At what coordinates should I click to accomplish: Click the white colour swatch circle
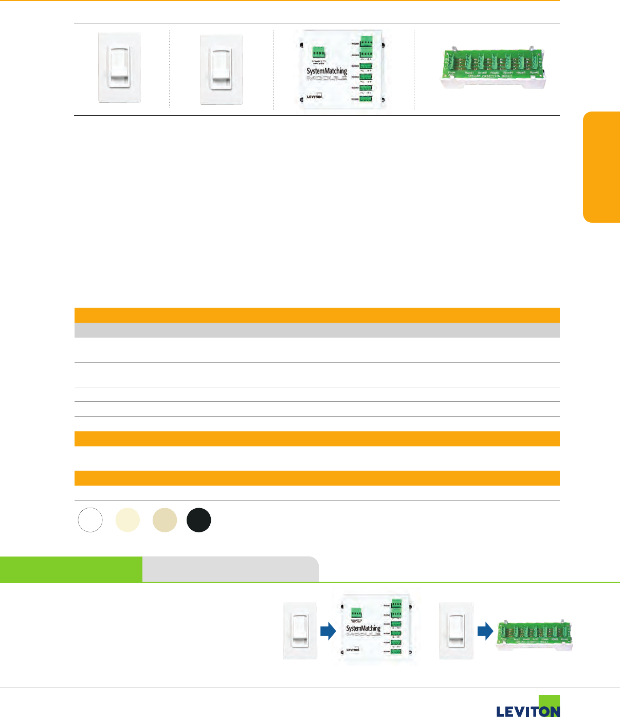(x=90, y=520)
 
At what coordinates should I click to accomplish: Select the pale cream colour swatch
(x=127, y=520)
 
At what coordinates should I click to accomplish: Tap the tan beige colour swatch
(x=165, y=520)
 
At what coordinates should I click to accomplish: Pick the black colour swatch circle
(x=199, y=520)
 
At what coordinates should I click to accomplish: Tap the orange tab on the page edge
(x=601, y=167)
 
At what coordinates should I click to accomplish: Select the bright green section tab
(x=71, y=569)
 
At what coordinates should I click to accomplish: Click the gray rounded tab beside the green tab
(x=230, y=569)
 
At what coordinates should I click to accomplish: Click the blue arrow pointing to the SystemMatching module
(x=328, y=631)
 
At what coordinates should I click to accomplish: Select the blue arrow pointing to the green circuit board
(x=485, y=631)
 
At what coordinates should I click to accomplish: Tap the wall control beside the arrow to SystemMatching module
(x=300, y=631)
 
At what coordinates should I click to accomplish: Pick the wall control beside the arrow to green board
(x=456, y=631)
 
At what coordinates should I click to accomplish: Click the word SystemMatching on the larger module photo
(x=326, y=71)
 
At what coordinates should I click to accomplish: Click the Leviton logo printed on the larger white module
(x=315, y=96)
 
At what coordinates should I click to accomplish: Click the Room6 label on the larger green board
(x=535, y=74)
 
